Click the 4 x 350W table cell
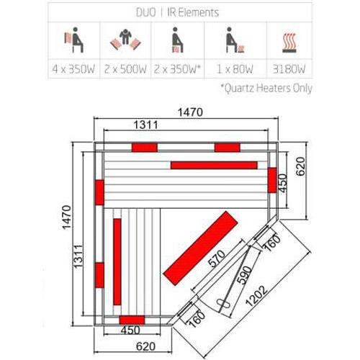(x=73, y=69)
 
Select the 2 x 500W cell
(x=125, y=69)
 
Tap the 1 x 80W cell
(x=235, y=69)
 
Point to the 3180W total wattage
(x=289, y=69)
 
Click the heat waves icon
(x=289, y=43)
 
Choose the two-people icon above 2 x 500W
(x=125, y=40)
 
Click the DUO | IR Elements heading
(x=177, y=12)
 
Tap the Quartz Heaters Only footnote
(x=266, y=88)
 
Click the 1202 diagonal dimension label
(x=256, y=296)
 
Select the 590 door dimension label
(x=244, y=275)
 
